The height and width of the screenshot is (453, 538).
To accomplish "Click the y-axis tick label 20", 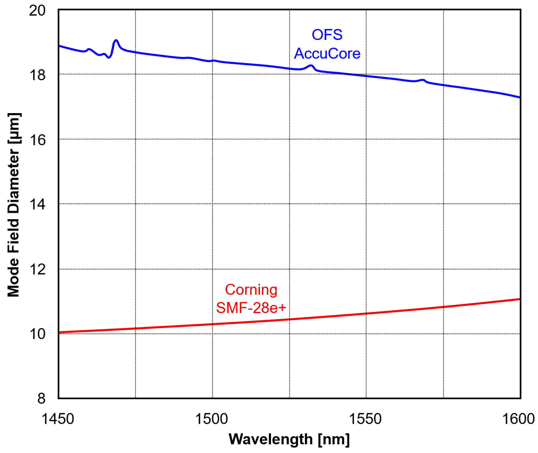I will coord(37,11).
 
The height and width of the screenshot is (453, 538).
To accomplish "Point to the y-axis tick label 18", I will coord(37,76).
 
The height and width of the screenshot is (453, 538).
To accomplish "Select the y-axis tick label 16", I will coord(37,140).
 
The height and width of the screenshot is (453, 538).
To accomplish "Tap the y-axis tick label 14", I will coord(37,205).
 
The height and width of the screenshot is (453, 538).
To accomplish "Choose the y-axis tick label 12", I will coord(37,270).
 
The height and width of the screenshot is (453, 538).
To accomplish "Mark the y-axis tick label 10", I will coord(37,334).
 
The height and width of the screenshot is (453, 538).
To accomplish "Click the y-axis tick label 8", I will coord(41,399).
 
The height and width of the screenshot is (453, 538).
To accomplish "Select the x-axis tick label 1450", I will coord(58,419).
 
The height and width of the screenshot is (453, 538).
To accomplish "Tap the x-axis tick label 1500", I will coord(212,419).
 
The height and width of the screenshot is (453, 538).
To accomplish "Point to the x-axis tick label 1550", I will coord(365,419).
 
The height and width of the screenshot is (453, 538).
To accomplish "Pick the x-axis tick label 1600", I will coord(518,419).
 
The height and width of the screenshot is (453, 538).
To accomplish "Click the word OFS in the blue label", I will coord(327,35).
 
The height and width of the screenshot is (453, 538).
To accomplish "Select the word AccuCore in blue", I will coord(327,54).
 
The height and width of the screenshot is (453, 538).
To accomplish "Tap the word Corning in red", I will coord(251,290).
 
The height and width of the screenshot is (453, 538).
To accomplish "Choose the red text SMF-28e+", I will coord(251,308).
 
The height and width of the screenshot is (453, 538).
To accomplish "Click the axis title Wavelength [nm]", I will coord(289,439).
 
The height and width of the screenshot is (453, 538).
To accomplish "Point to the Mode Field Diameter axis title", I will coord(13,205).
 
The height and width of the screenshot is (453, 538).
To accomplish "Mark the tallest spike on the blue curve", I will coord(116,41).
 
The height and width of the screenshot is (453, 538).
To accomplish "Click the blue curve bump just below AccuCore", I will coord(311,66).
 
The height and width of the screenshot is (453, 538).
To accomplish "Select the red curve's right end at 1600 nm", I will coord(519,299).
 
